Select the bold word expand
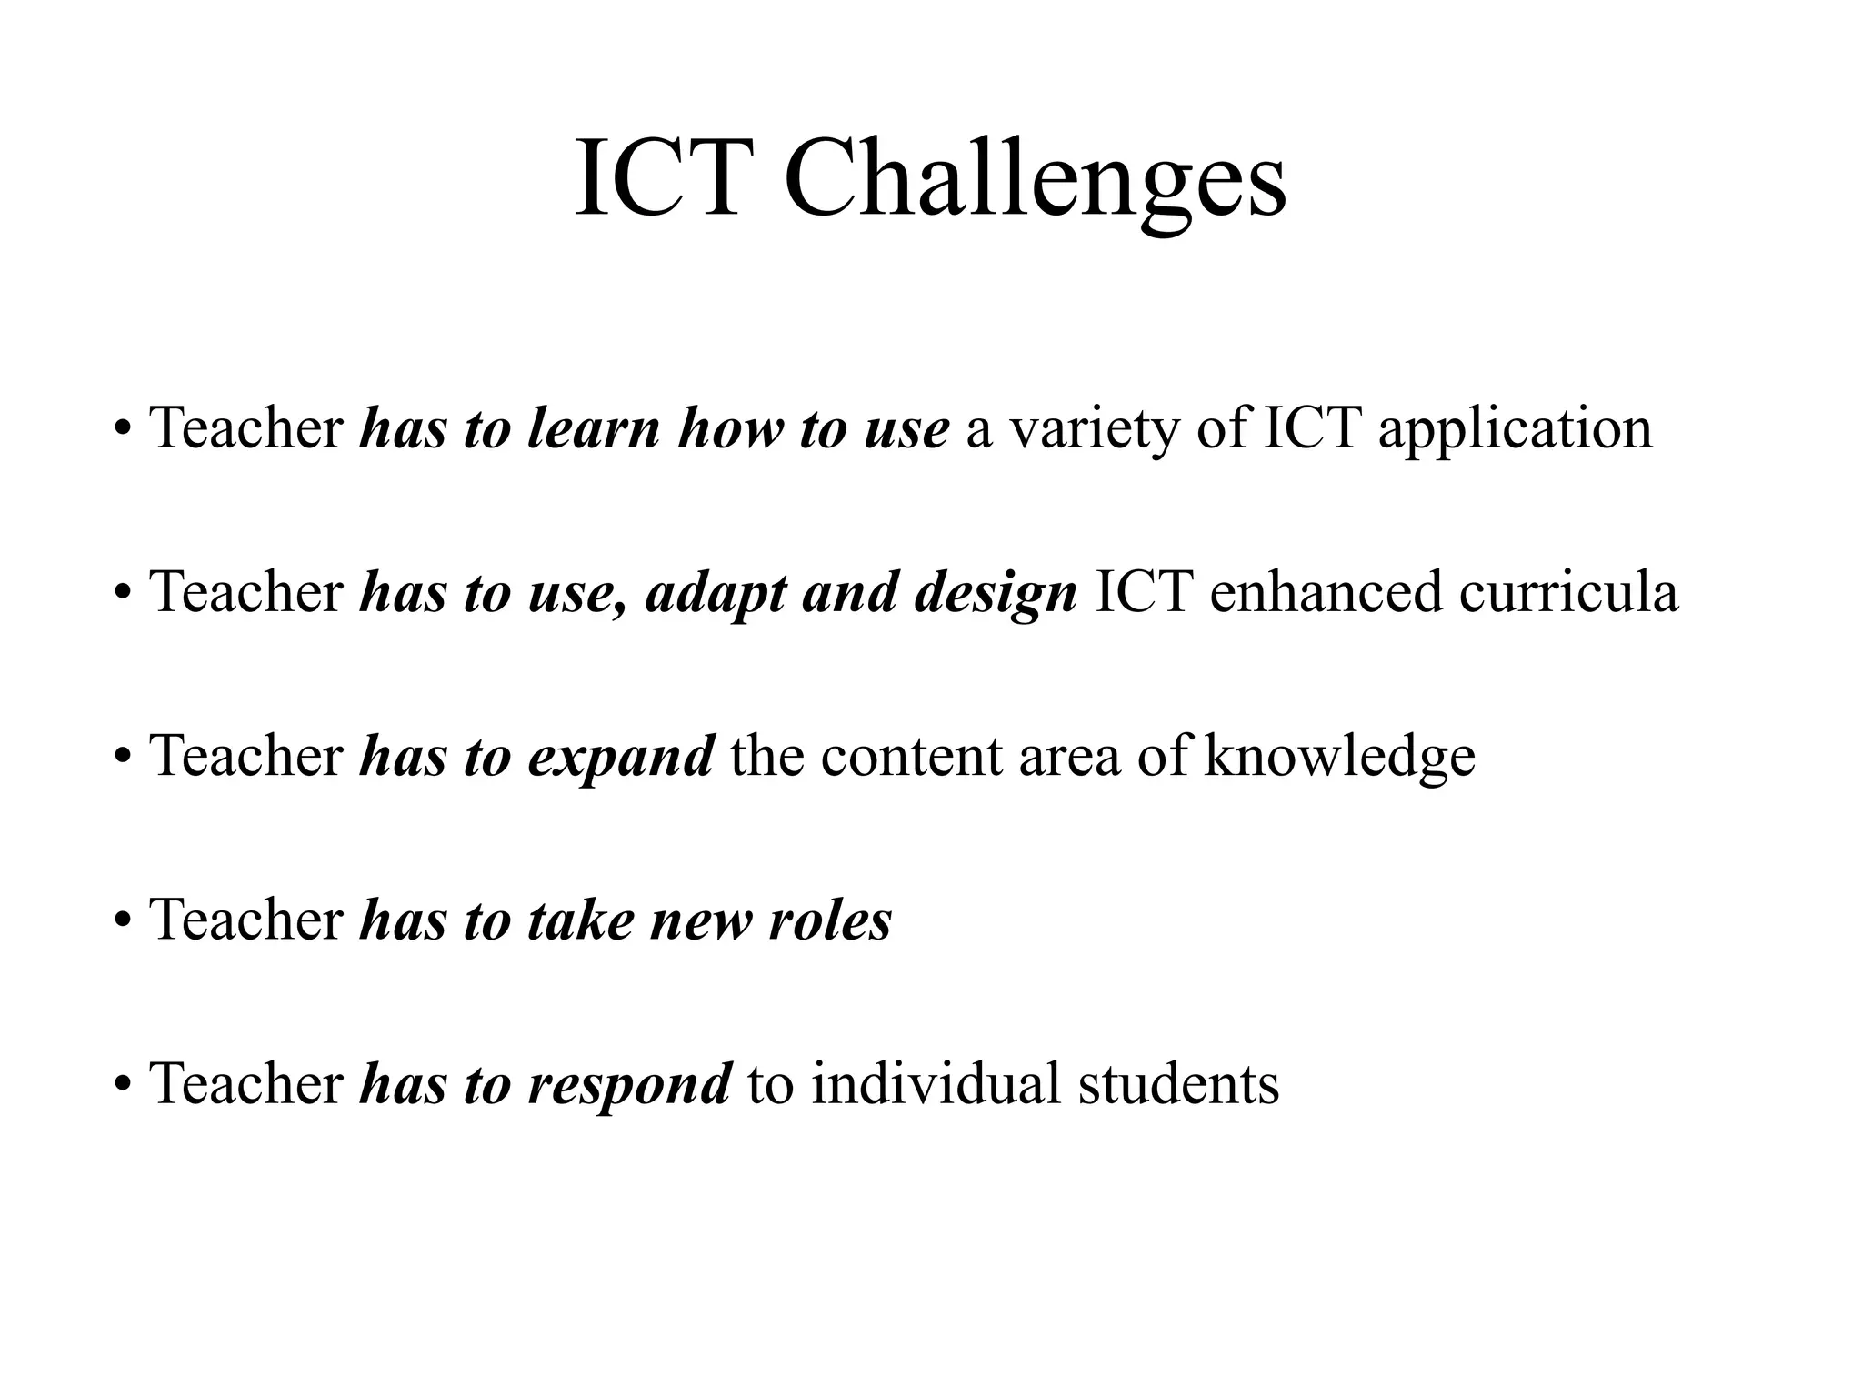(x=620, y=756)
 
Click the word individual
(x=936, y=1083)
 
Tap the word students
(x=1178, y=1083)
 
